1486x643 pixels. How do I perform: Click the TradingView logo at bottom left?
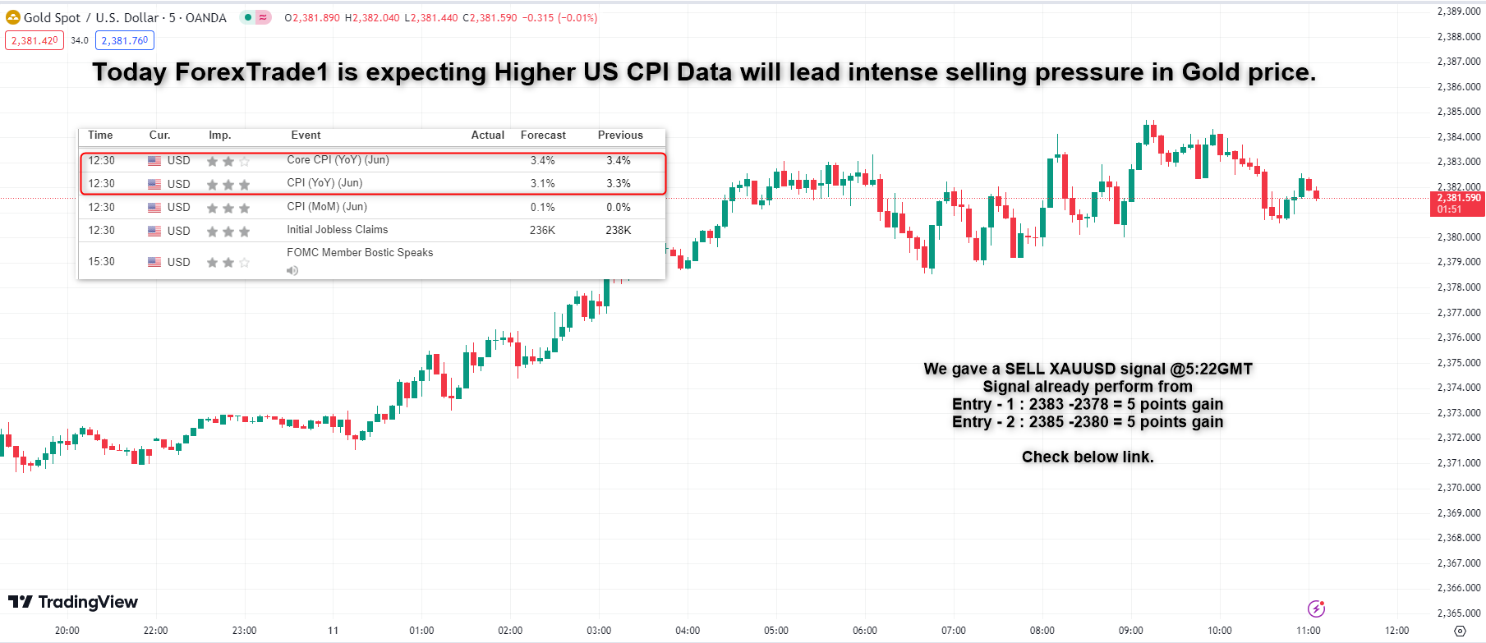point(73,602)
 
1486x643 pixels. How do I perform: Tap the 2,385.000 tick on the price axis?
point(1459,112)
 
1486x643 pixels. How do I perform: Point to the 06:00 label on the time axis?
point(864,631)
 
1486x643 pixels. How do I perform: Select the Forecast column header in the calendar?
point(543,135)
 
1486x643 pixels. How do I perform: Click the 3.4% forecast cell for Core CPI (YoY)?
point(542,161)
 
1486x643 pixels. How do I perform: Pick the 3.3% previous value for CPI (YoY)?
point(619,184)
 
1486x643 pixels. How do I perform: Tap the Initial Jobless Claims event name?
point(337,230)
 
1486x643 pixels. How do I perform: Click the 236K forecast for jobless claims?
point(542,231)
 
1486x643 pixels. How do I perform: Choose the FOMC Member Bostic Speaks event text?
point(360,253)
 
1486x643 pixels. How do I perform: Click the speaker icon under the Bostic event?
point(292,270)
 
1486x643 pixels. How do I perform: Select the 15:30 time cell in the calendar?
point(102,262)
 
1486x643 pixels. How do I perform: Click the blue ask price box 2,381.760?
point(125,40)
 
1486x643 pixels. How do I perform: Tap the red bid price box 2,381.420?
point(35,40)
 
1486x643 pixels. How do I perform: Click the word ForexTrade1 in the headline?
point(251,72)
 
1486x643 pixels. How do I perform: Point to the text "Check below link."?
point(1088,457)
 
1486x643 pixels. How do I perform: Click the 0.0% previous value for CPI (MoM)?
point(619,208)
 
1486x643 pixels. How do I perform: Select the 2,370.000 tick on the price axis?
point(1459,488)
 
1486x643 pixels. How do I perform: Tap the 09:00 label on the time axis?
point(1130,631)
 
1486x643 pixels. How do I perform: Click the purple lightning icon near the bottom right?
point(1316,609)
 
